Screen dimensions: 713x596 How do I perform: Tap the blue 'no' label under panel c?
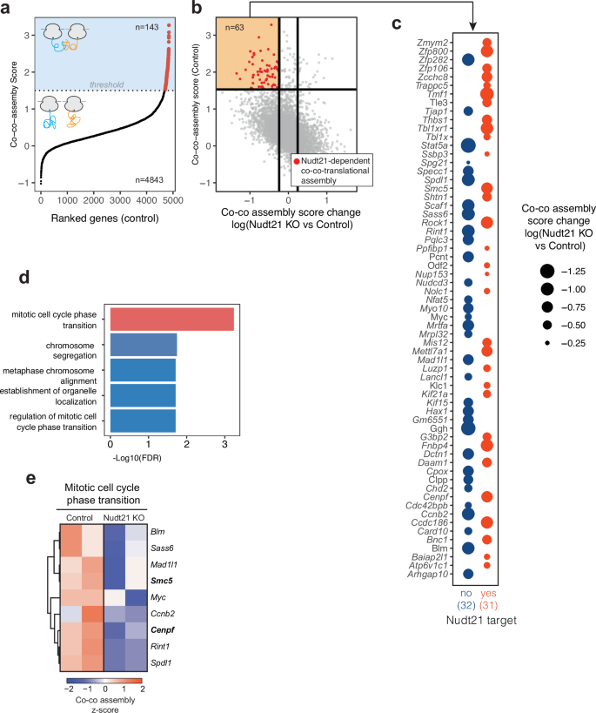click(467, 594)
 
